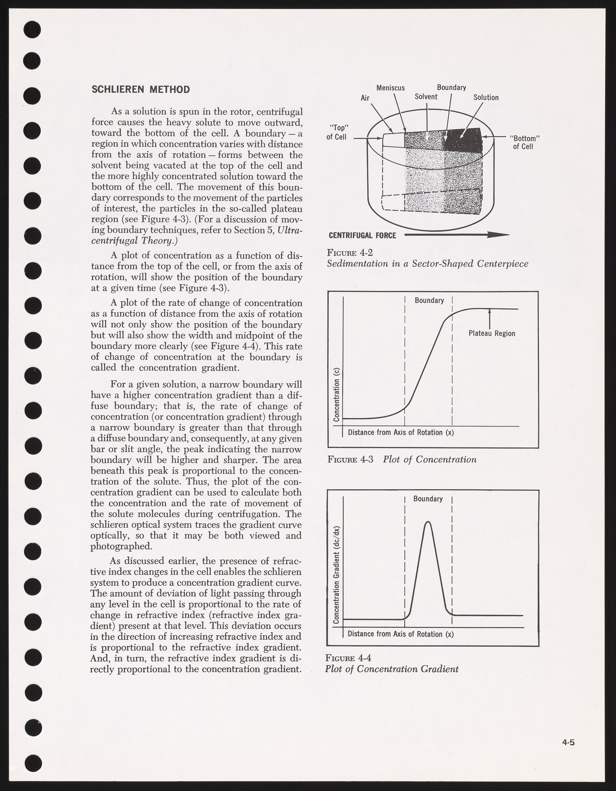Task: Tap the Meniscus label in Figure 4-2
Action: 390,88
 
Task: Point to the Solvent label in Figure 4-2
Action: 426,97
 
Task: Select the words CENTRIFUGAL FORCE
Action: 362,236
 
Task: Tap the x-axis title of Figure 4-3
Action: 401,432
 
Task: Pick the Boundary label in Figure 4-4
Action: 428,499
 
